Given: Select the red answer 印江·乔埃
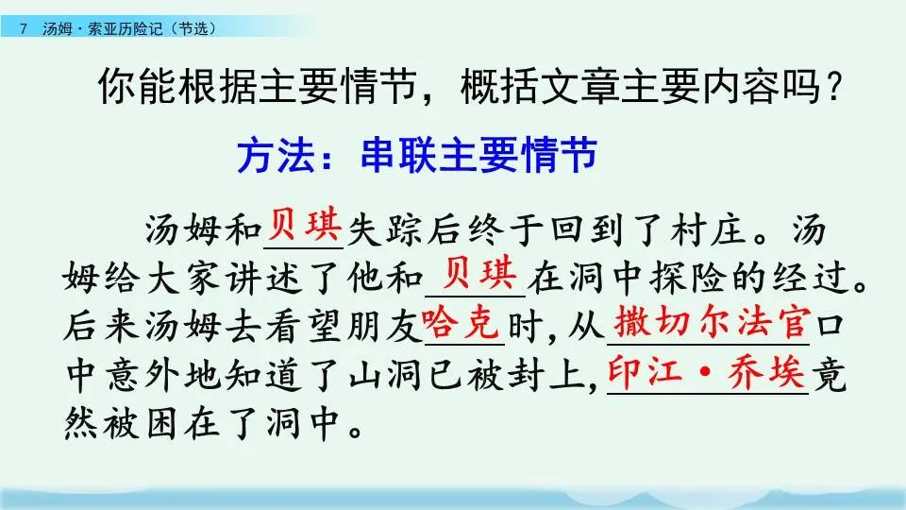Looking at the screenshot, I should (706, 372).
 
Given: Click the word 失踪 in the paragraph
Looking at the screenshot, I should (390, 229).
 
